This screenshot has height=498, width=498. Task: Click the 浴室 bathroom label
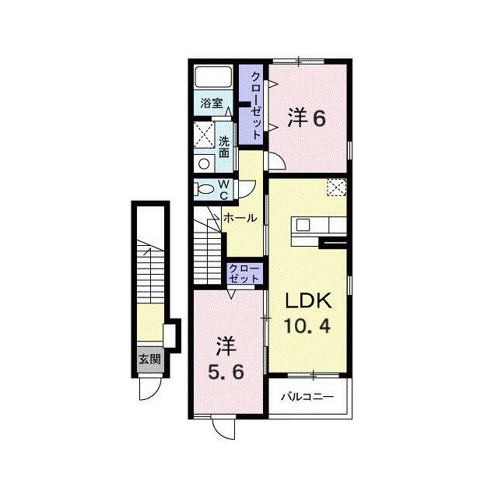211,103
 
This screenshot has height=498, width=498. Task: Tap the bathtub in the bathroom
213,77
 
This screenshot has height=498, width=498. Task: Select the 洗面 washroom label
224,147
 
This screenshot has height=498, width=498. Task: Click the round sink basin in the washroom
204,164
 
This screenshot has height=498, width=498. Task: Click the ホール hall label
240,218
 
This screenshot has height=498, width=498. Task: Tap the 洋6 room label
307,118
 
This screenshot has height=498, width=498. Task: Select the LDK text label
308,300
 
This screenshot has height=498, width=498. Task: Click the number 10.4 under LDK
307,325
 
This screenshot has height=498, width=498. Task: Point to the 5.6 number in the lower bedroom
226,372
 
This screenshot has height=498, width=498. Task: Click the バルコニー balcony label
307,397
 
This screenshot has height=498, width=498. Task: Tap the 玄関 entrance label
150,359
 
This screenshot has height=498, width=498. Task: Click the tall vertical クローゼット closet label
256,106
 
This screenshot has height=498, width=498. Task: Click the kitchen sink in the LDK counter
303,225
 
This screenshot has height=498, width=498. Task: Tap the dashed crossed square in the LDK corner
337,188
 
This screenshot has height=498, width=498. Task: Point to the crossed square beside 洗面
204,135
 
